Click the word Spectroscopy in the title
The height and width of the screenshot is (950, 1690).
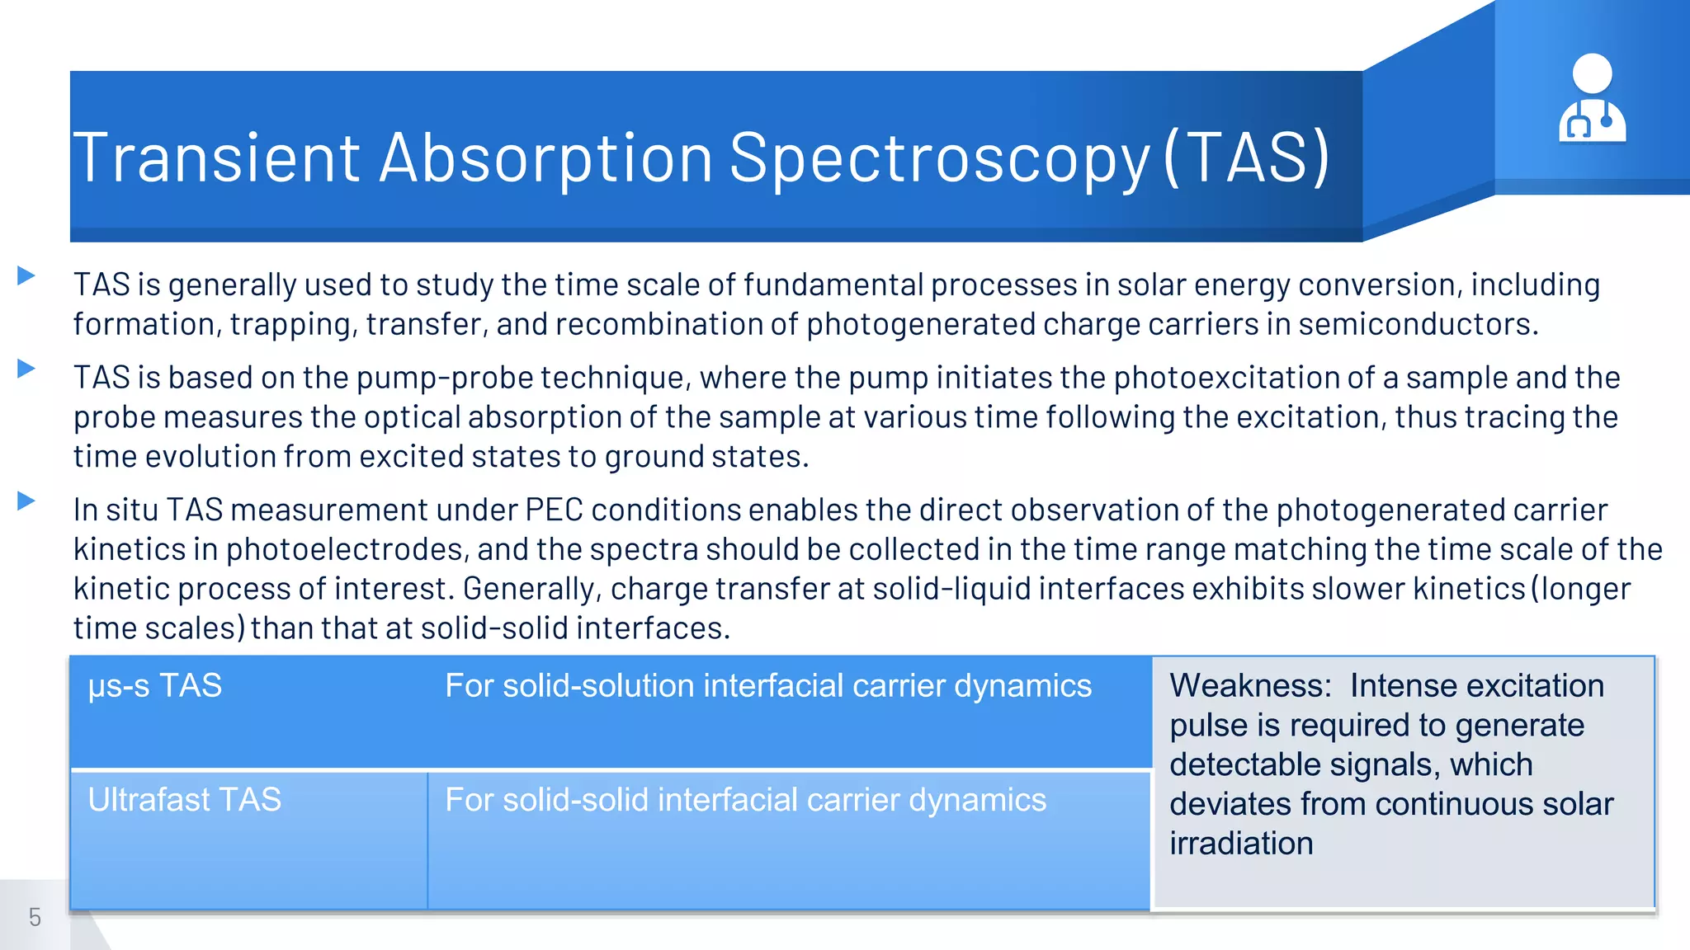point(939,158)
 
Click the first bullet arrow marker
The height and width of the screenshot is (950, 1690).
point(26,275)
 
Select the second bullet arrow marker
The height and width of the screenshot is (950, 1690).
point(26,369)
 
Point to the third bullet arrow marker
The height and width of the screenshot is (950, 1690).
point(26,501)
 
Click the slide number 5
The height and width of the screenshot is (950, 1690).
point(35,917)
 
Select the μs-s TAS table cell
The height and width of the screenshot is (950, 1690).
point(155,686)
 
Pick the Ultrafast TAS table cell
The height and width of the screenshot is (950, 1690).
point(185,800)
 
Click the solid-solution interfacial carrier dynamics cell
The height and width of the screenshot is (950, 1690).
point(767,686)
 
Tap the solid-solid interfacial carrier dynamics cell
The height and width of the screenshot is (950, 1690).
point(745,800)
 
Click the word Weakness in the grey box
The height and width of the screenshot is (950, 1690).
point(1249,686)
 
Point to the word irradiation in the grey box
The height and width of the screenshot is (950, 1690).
point(1241,844)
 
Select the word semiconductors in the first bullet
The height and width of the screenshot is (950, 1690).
point(1417,324)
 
